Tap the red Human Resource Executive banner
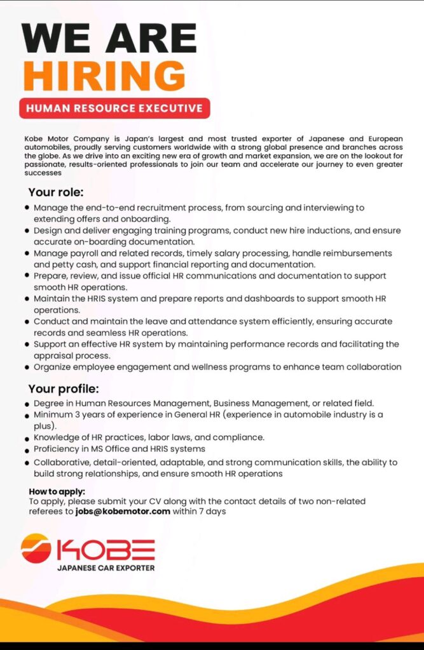[114, 108]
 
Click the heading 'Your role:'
[56, 192]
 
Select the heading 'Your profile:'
[64, 388]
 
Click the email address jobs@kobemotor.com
[123, 511]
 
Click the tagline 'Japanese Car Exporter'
[106, 567]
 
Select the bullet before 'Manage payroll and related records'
[27, 253]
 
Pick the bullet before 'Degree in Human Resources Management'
[27, 404]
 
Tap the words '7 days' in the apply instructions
[213, 511]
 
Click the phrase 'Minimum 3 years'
[65, 415]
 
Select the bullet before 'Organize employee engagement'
[27, 367]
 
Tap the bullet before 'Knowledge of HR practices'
[27, 437]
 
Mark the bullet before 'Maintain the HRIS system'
[27, 298]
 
